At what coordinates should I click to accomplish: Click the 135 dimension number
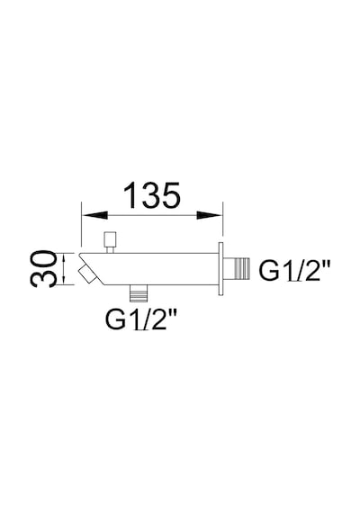click(151, 195)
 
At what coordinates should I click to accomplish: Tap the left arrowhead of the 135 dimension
click(94, 215)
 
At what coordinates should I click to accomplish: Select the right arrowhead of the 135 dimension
click(210, 215)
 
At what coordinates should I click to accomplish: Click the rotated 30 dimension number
click(43, 269)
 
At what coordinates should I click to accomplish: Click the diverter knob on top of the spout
click(110, 239)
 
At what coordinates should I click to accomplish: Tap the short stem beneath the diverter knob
click(111, 250)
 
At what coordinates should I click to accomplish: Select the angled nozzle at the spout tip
click(87, 274)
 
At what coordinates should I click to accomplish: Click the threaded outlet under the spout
click(139, 292)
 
